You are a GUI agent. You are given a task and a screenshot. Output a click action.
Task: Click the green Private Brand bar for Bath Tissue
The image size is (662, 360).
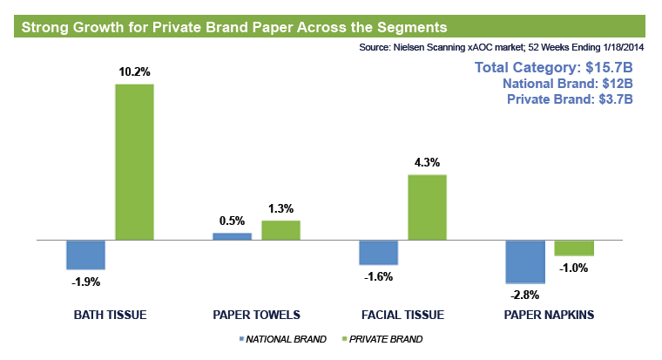[x=134, y=161]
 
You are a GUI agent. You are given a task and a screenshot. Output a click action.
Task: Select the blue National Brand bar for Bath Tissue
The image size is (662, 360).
[x=85, y=255]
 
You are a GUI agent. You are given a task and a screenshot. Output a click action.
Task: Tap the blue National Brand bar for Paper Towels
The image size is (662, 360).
[x=232, y=236]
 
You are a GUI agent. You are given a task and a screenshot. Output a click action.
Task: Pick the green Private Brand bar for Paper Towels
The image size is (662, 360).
[x=280, y=230]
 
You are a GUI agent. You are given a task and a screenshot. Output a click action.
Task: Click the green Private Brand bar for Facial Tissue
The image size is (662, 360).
[x=427, y=207]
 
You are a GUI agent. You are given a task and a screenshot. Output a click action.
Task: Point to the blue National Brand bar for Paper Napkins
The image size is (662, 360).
[x=525, y=261]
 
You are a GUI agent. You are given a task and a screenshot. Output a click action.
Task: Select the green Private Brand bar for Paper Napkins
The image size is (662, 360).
[x=574, y=248]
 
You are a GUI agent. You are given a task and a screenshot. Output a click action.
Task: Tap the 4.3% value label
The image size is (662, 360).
[x=427, y=162]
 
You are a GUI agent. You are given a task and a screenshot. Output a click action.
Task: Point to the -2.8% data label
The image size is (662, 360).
[x=525, y=295]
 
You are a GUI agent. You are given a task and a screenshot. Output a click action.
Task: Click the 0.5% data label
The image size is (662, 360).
[x=232, y=221]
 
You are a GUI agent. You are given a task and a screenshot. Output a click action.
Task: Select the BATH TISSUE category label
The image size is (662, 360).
[x=110, y=315]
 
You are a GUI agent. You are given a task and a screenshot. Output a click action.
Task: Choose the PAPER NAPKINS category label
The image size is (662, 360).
[x=549, y=315]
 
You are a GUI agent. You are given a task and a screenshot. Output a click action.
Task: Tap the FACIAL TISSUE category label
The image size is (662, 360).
[x=402, y=315]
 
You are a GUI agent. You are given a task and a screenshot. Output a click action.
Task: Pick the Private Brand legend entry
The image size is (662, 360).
[x=385, y=339]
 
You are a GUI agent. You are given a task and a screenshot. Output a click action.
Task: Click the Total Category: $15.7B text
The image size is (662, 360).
[x=552, y=68]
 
